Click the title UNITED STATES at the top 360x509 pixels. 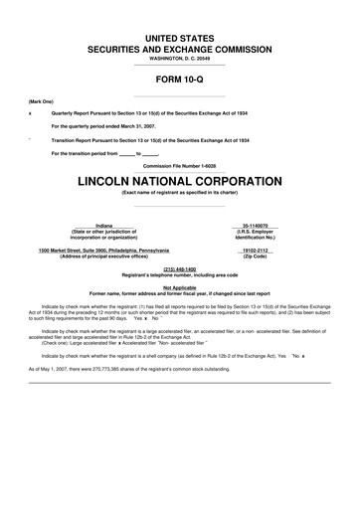(179, 37)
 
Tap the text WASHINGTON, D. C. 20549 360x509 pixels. (179, 59)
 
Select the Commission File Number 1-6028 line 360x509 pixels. (179, 165)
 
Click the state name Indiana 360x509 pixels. (103, 227)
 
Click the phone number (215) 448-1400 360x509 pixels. (179, 269)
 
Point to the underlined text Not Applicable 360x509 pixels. (179, 286)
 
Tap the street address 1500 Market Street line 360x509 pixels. (103, 250)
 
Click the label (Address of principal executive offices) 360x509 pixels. (103, 255)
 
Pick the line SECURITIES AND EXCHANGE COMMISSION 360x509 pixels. (179, 48)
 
